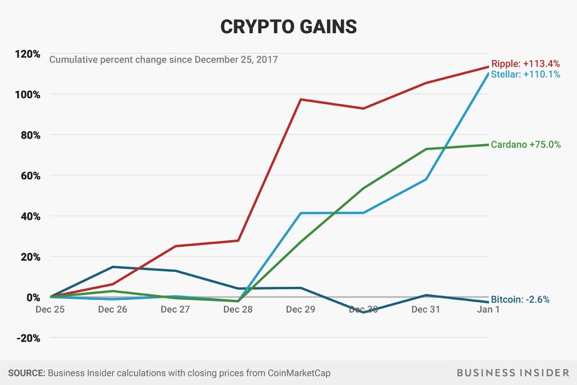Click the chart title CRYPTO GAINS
coord(288,26)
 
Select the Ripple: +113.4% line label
coord(525,64)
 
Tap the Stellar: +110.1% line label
coord(525,75)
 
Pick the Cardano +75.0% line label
coord(526,144)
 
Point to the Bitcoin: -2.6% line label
coord(520,299)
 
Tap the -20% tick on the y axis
coord(29,338)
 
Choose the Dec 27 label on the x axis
coord(175,309)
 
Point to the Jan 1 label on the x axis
coord(488,309)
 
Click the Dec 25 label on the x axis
coord(50,309)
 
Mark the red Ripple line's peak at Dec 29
coord(301,99)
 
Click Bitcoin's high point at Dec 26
coord(113,267)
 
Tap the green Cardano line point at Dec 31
coord(426,149)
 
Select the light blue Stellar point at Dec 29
coord(301,213)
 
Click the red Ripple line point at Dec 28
coord(238,241)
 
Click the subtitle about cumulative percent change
coord(163,60)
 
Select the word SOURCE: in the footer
coord(26,373)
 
